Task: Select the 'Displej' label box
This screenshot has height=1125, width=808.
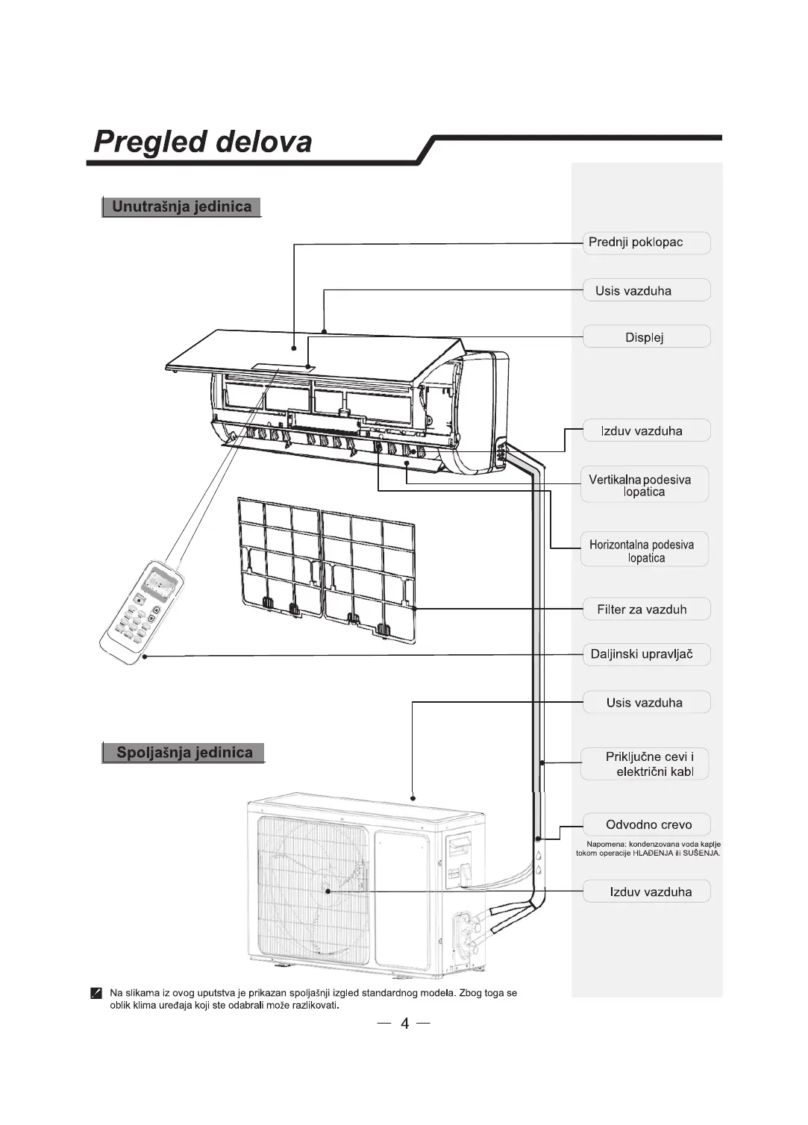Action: [x=645, y=337]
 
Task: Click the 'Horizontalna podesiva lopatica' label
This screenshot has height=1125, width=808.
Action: [x=644, y=551]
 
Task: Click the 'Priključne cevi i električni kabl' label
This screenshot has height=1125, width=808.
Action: [x=645, y=764]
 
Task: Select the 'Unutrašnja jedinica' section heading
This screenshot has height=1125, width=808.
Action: [x=181, y=207]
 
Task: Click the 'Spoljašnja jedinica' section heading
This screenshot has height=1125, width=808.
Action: [x=184, y=753]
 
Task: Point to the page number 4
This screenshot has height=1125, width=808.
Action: [x=404, y=1023]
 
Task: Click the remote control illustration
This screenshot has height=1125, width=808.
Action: [x=142, y=612]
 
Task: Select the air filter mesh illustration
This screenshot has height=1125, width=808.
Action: [x=326, y=567]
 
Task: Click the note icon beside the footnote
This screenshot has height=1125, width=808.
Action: [x=96, y=993]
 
